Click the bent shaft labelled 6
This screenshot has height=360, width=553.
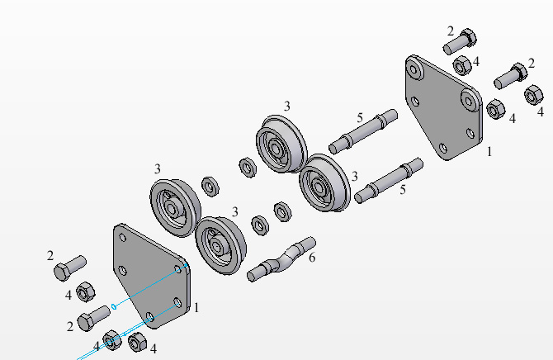(x=281, y=259)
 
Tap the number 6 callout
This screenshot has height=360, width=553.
(x=312, y=258)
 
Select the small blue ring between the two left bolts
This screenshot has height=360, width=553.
(x=114, y=306)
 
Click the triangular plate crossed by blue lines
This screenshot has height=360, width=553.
(x=152, y=275)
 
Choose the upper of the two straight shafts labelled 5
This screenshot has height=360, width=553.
(x=363, y=131)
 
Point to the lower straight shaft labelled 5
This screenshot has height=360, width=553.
(x=389, y=180)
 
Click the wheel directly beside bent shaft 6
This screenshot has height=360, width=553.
(x=220, y=245)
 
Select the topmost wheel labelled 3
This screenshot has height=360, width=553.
(x=281, y=144)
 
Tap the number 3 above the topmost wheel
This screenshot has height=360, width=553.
(x=287, y=106)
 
